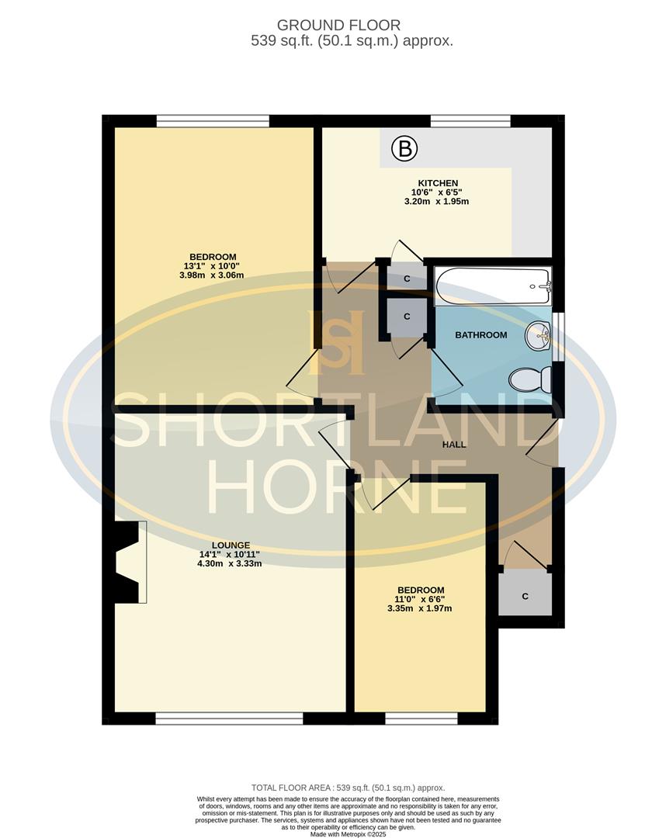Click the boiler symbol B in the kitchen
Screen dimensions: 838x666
click(x=404, y=147)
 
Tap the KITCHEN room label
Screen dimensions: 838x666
click(x=436, y=183)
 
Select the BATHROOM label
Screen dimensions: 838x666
click(x=480, y=335)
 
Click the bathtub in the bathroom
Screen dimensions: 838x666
click(x=493, y=286)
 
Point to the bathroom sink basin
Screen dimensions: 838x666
click(x=538, y=336)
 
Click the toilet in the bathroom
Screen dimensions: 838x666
click(x=530, y=380)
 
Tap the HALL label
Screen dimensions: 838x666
click(x=454, y=445)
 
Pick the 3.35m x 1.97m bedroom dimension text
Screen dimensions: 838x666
click(x=419, y=608)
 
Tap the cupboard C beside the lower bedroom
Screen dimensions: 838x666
click(x=525, y=596)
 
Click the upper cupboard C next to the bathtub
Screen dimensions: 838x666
click(x=407, y=278)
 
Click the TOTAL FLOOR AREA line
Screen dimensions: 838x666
click(x=349, y=788)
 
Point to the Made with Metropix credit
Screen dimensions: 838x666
click(x=348, y=834)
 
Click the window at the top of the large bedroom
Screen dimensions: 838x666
click(x=213, y=121)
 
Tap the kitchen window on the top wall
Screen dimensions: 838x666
click(x=470, y=121)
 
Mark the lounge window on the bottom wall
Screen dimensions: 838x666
click(x=229, y=719)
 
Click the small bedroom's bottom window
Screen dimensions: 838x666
click(x=421, y=719)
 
